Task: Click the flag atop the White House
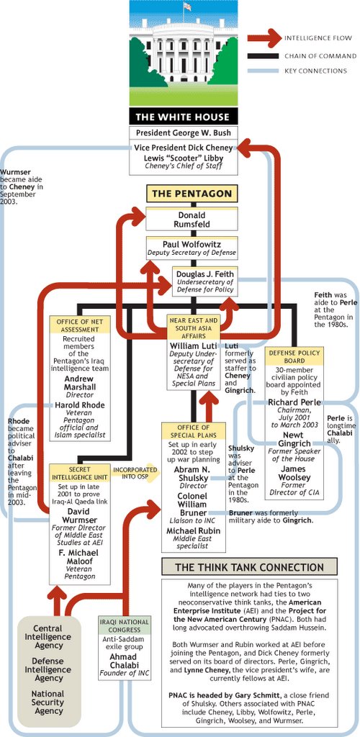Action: tap(187, 6)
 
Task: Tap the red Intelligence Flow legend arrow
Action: tap(264, 38)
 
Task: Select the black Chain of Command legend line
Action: tap(264, 56)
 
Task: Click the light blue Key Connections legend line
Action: tap(264, 71)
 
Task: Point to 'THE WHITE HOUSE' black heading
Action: tap(183, 117)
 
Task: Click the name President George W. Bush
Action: tap(183, 132)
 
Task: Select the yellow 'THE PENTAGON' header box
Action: tap(192, 193)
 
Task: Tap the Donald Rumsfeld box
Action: tap(192, 220)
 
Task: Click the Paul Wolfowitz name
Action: tap(192, 245)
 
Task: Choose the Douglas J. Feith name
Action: tap(205, 273)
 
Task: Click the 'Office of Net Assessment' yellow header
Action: tap(80, 325)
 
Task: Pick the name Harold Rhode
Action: tap(80, 404)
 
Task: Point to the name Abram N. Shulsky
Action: tap(194, 474)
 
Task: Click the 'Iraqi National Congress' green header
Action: tap(125, 625)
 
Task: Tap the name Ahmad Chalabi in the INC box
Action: tap(125, 661)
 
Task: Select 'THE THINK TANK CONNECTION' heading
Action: tap(249, 567)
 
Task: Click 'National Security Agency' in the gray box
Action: tap(48, 702)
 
